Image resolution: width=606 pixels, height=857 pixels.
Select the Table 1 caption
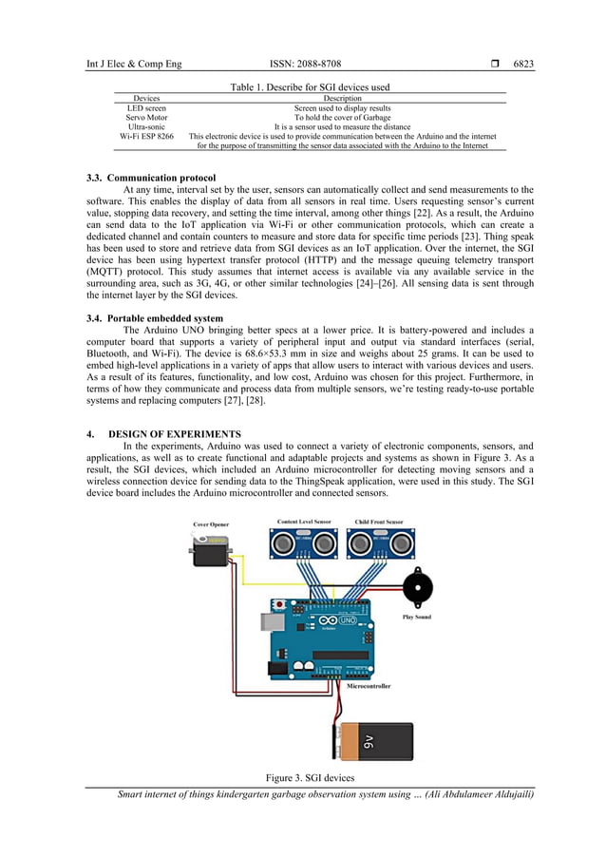point(310,87)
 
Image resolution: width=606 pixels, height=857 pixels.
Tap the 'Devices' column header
point(146,98)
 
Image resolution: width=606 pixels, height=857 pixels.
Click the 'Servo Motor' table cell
point(146,117)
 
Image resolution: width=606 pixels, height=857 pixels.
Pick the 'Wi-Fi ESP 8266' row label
point(146,136)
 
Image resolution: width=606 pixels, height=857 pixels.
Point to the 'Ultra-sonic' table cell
point(146,126)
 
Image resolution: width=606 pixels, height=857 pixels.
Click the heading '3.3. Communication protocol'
point(151,178)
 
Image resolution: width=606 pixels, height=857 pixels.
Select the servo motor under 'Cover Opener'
point(212,551)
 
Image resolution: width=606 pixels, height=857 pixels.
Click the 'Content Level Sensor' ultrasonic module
point(305,543)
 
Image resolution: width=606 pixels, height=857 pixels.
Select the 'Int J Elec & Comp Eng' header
point(133,65)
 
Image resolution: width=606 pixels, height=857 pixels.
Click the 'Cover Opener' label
point(211,524)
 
